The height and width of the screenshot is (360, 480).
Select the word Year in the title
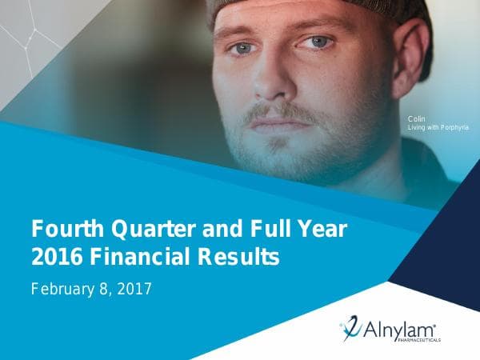pos(322,230)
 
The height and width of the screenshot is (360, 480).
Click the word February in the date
pos(63,288)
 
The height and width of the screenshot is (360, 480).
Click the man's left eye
pos(320,42)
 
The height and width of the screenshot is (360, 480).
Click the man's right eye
pos(242,49)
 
